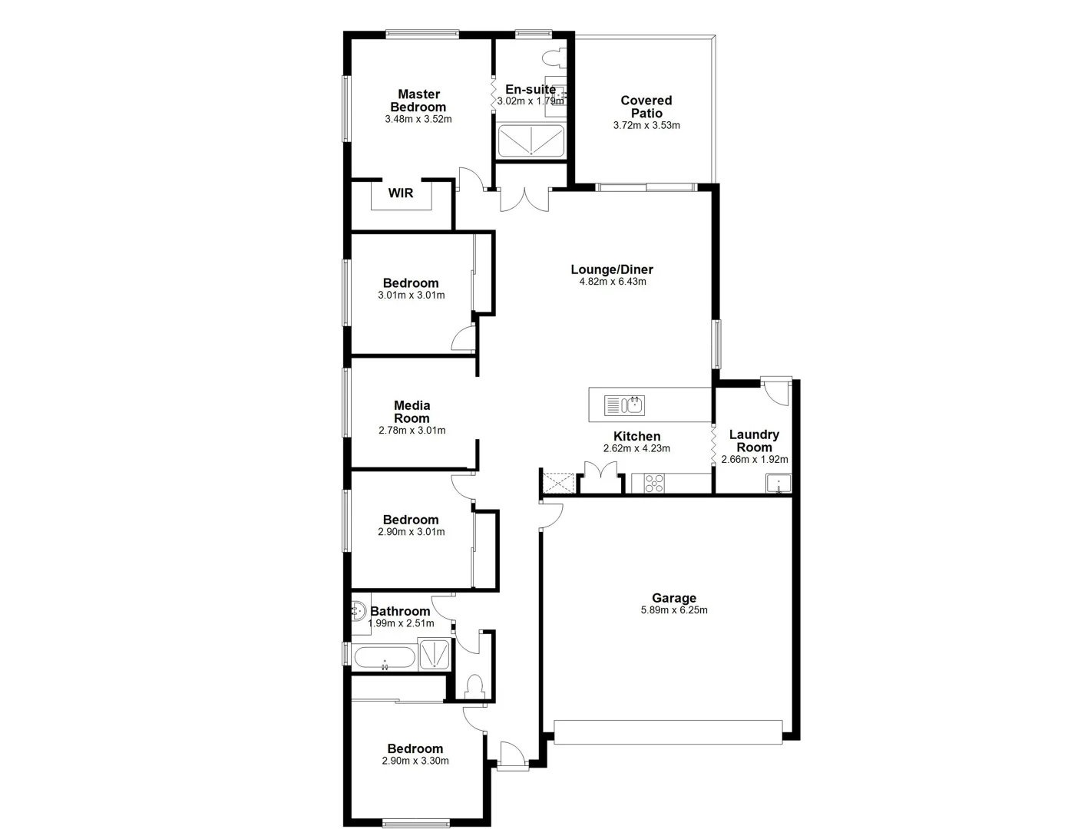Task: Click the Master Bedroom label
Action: pyautogui.click(x=418, y=101)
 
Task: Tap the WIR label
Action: pyautogui.click(x=400, y=193)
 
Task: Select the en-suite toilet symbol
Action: pyautogui.click(x=551, y=58)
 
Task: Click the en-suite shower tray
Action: pyautogui.click(x=531, y=141)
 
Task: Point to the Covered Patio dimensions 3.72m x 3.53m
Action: pyautogui.click(x=646, y=125)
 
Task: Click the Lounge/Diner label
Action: pyautogui.click(x=612, y=269)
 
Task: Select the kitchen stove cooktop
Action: pyautogui.click(x=654, y=483)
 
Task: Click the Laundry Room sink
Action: pyautogui.click(x=777, y=484)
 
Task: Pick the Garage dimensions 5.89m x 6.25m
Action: pyautogui.click(x=674, y=610)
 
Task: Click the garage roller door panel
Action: pyautogui.click(x=668, y=732)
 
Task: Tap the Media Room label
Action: pyautogui.click(x=412, y=411)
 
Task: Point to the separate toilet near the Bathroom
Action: pyautogui.click(x=474, y=685)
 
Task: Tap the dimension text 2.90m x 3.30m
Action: pyautogui.click(x=415, y=761)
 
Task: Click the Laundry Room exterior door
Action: pyautogui.click(x=777, y=391)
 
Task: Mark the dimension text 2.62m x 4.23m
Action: pyautogui.click(x=636, y=448)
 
